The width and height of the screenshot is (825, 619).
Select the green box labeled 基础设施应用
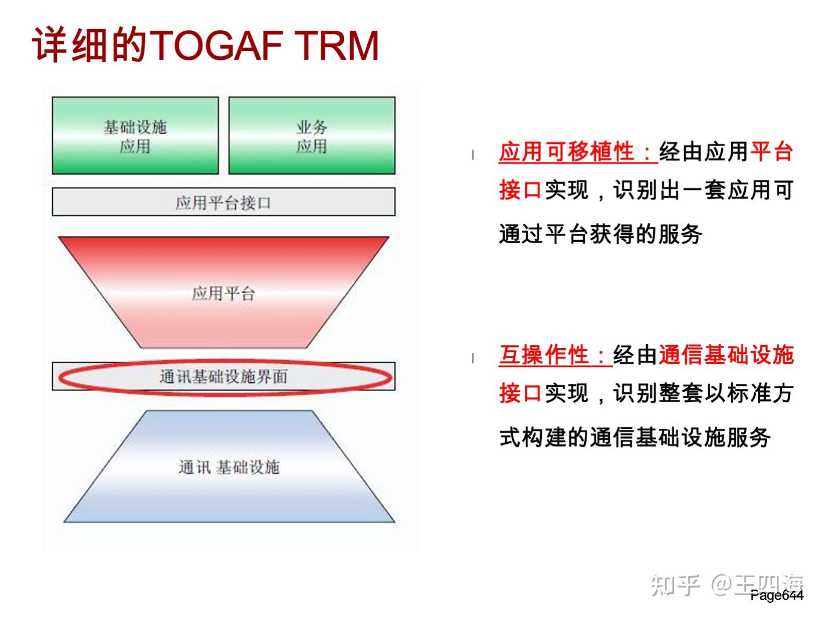tap(135, 136)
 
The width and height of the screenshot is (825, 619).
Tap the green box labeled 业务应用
tap(312, 136)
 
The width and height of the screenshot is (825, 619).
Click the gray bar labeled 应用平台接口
tap(223, 202)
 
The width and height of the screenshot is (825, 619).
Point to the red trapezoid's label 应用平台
tap(223, 294)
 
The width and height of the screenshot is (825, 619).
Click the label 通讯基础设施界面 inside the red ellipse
tap(223, 377)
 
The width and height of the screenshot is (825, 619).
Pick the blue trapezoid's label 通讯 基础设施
tap(229, 467)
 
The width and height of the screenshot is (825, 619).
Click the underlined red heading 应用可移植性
tap(577, 152)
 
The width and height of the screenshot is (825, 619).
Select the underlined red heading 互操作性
tap(555, 355)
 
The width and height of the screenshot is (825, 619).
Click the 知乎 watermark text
tap(675, 585)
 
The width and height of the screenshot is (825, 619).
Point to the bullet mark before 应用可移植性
tap(473, 154)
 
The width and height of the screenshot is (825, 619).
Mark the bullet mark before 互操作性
tap(473, 358)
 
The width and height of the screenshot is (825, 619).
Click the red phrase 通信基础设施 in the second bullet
tap(726, 355)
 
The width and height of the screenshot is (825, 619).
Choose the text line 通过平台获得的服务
tap(600, 234)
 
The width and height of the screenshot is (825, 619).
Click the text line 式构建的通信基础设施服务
tap(635, 437)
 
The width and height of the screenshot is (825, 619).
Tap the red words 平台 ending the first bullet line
tap(771, 152)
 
